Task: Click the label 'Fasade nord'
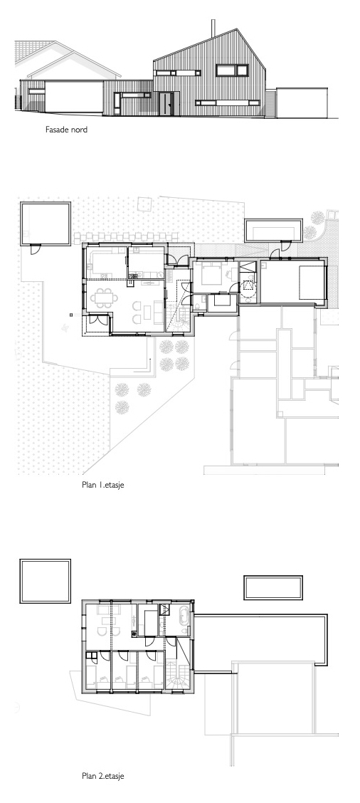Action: pos(66,130)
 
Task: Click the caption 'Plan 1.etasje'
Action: pos(103,485)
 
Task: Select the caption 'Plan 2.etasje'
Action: pos(103,776)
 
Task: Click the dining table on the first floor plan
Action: pos(103,298)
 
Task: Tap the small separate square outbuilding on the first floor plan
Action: pos(45,224)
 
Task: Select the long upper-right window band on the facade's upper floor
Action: pos(232,71)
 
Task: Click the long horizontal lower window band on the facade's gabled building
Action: pos(227,103)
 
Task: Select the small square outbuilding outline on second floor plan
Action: pos(45,582)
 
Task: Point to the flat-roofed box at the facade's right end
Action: pos(301,103)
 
